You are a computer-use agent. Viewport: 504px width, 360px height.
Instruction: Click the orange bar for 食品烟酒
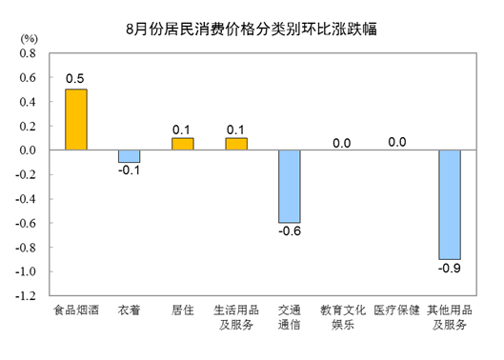coord(76,120)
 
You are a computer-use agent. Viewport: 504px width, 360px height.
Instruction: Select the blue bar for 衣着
coord(130,156)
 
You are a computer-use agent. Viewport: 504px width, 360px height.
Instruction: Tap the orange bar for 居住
coord(183,144)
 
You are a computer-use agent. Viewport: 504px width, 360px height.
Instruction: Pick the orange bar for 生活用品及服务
coord(236,144)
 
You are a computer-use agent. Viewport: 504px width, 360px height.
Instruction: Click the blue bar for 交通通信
coord(290,187)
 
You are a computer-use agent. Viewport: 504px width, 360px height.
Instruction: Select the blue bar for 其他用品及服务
coord(450,205)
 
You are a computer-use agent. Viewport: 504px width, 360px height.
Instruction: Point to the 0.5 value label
coord(75,79)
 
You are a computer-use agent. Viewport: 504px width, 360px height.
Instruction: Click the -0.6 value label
coord(290,231)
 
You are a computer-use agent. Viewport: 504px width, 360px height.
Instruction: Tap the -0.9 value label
coord(450,268)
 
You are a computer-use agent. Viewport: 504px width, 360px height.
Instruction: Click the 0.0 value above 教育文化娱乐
coord(342,144)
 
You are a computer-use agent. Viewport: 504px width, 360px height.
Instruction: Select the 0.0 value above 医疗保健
coord(397,142)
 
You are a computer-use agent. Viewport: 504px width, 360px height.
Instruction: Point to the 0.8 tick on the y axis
coord(28,53)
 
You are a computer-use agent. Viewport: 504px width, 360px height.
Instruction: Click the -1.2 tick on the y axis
coord(26,296)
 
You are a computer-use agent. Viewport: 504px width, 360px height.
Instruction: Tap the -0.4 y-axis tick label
coord(26,199)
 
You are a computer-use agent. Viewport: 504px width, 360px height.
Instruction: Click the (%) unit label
coord(30,39)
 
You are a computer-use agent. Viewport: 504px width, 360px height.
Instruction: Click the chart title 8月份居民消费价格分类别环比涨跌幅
coord(252,30)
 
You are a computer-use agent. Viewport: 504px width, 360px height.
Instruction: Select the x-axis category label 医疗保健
coord(396,310)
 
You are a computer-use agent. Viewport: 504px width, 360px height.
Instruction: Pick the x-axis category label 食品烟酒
coord(76,310)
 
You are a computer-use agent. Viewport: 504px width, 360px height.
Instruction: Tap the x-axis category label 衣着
coord(130,310)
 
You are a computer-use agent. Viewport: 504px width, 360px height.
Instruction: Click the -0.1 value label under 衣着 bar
coord(130,170)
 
